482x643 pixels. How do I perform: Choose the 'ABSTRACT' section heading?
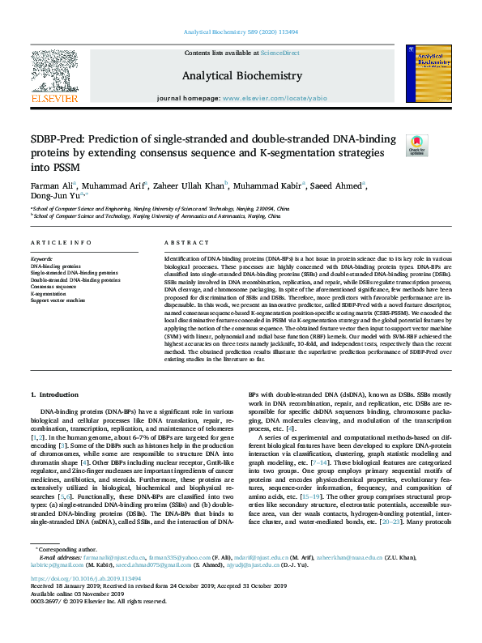pos(187,243)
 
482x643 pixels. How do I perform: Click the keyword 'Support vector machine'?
pos(58,300)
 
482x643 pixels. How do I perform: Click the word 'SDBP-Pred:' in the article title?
pos(59,138)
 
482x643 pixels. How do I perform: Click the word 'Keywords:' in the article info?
pos(41,258)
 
